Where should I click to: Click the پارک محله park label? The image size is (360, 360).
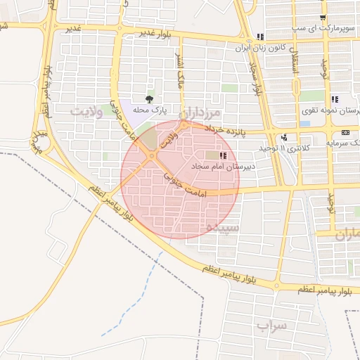(148, 110)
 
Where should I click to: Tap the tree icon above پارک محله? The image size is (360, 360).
(148, 99)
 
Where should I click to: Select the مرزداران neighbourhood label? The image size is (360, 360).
(204, 112)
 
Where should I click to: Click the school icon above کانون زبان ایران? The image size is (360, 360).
(260, 37)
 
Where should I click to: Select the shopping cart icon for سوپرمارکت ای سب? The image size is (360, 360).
(323, 18)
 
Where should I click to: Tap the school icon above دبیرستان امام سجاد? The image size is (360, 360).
(223, 155)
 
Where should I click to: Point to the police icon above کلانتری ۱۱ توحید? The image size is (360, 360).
(284, 138)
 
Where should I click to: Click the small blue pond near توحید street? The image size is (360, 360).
(304, 124)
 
